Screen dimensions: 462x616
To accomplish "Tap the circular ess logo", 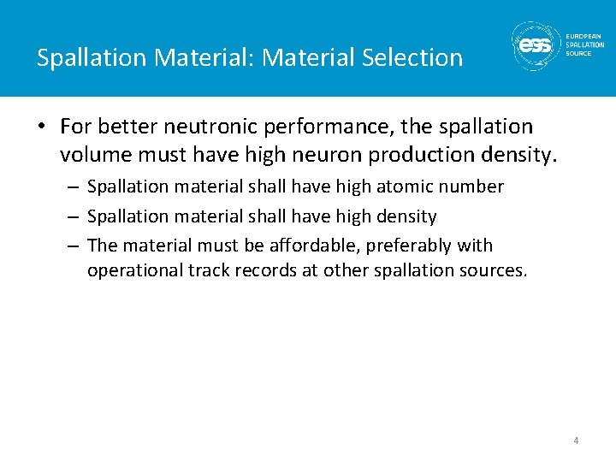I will pyautogui.click(x=535, y=45).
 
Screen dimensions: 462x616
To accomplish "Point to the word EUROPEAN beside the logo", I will pyautogui.click(x=584, y=36).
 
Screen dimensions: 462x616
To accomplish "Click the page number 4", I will pyautogui.click(x=576, y=441).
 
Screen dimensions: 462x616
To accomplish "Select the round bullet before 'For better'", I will pyautogui.click(x=42, y=127).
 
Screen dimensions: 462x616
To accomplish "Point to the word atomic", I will pyautogui.click(x=406, y=187).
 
